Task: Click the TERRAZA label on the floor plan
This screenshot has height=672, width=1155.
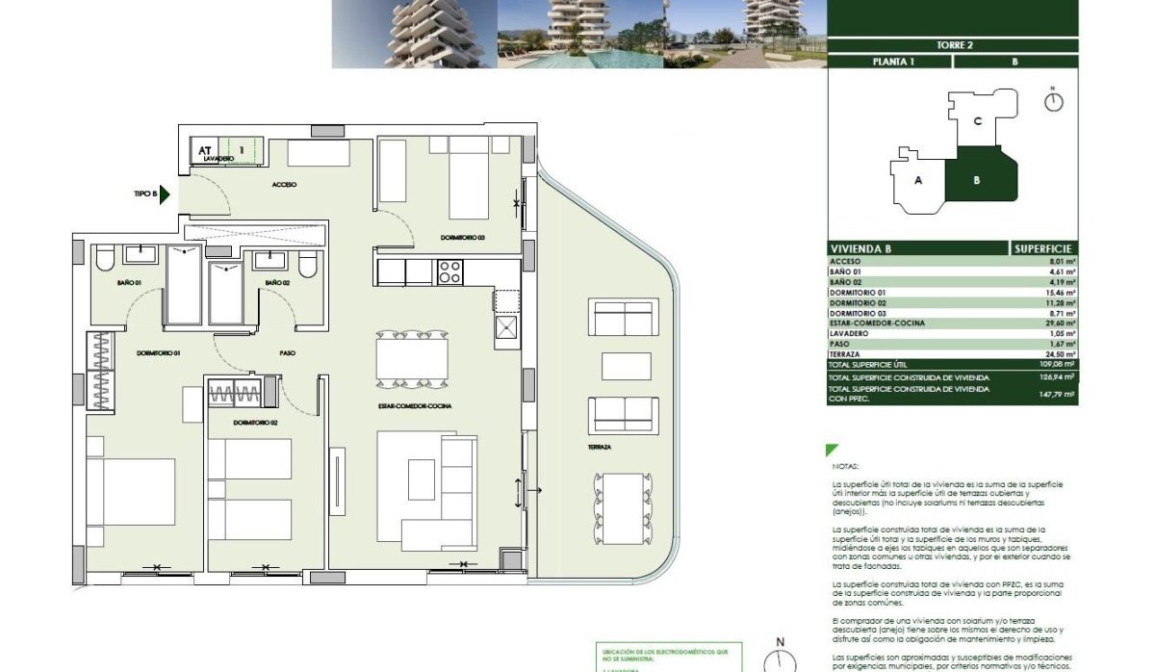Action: coord(603,448)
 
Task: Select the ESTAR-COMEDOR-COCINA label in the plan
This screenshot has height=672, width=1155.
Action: coord(415,406)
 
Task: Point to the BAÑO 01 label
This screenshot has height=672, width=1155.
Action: coord(130,282)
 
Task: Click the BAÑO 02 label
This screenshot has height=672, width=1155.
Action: coord(277,282)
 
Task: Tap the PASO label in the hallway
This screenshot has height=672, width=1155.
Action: coord(287,353)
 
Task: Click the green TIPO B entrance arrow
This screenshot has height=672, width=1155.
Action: coord(165,194)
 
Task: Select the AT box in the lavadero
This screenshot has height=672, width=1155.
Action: coord(204,150)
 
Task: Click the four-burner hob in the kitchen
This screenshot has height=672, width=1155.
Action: coord(450,272)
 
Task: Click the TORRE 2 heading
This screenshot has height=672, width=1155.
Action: coord(952,44)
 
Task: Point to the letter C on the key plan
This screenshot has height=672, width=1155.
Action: coord(977,121)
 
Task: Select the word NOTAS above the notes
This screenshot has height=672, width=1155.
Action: coord(845,464)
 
